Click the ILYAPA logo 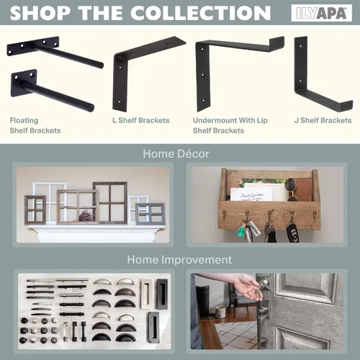pyautogui.click(x=321, y=13)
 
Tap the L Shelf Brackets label pyautogui.click(x=141, y=120)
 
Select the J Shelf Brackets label pyautogui.click(x=323, y=120)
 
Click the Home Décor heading pyautogui.click(x=176, y=153)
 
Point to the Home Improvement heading pyautogui.click(x=179, y=260)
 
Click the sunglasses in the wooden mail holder pyautogui.click(x=291, y=189)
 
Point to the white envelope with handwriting pyautogui.click(x=251, y=194)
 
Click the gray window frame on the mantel pyautogui.click(x=150, y=214)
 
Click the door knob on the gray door pyautogui.click(x=264, y=283)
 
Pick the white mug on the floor pyautogui.click(x=220, y=312)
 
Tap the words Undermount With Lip pyautogui.click(x=230, y=120)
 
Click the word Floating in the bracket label pyautogui.click(x=24, y=120)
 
